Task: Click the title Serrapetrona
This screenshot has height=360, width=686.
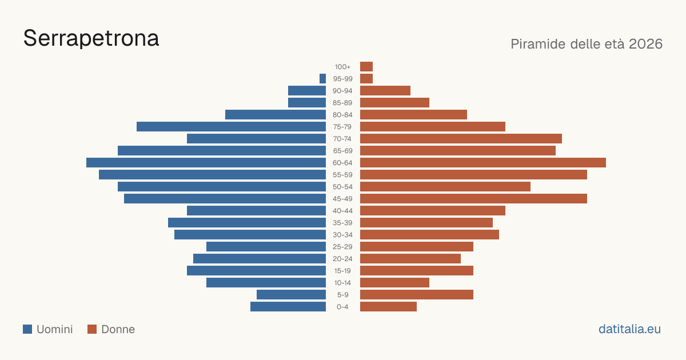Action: pos(91,38)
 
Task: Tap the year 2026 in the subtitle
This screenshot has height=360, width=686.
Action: pos(645,44)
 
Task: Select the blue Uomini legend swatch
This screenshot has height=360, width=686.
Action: pos(27,329)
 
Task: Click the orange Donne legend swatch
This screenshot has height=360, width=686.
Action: pos(92,329)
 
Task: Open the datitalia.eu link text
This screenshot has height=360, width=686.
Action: pos(629,329)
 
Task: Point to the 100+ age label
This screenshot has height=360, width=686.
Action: pos(342,67)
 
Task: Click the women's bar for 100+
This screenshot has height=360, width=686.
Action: pos(366,66)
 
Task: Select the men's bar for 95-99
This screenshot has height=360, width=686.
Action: pos(322,79)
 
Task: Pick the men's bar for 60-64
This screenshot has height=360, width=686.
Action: pos(206,162)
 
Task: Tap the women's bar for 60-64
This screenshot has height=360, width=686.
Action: pos(483,162)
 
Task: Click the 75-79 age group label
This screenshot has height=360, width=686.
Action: pos(342,127)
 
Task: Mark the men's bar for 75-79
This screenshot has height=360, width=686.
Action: pos(231,127)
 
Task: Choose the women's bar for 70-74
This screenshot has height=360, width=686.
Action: pos(461,139)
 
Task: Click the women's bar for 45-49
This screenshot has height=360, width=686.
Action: pos(473,199)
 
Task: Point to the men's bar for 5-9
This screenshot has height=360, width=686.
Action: pos(291,294)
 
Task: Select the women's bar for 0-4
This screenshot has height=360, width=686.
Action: pos(388,306)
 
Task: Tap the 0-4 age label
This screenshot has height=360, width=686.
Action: pos(342,307)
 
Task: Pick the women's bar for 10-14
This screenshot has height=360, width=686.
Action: pos(395,282)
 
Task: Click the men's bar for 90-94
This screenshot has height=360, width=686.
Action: pos(307,91)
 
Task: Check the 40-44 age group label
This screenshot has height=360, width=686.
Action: pos(342,211)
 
